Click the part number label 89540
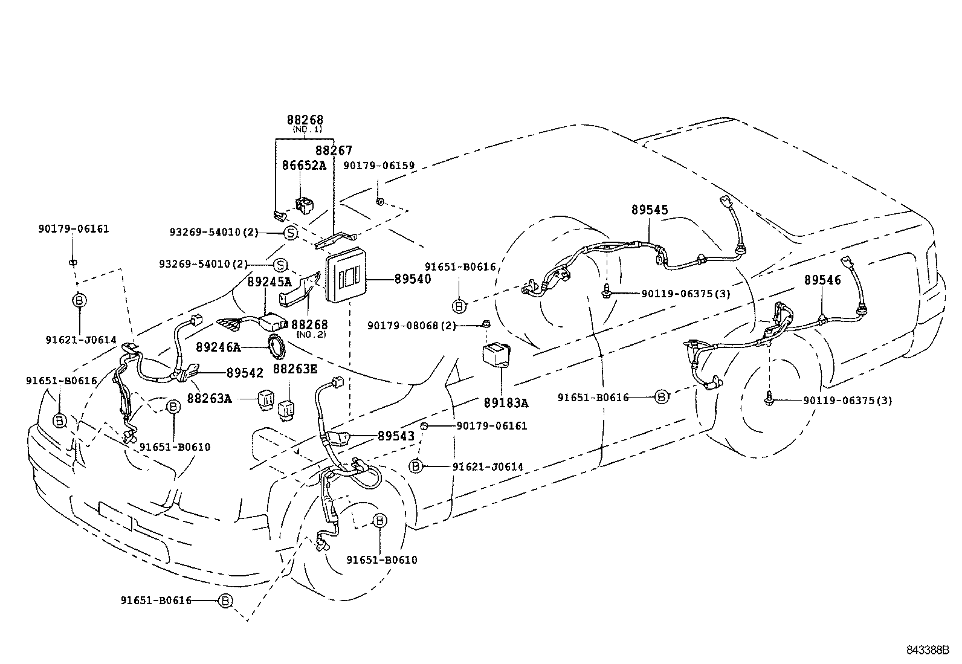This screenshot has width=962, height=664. pos(413,280)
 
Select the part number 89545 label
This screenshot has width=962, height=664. pos(650,210)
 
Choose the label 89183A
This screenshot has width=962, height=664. pos(506,403)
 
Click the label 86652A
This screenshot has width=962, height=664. pos(304,166)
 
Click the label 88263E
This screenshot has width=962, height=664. pos(294,369)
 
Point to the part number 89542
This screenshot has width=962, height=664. pos(245,373)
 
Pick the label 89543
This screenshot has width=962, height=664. pos(396,436)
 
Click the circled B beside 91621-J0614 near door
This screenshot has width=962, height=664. pos(416,466)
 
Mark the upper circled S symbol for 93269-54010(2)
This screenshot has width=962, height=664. pos(290,233)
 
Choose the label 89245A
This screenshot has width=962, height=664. pos(269,282)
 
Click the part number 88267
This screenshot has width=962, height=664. pos(334,150)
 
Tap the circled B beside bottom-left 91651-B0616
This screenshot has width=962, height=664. pos(225,601)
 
